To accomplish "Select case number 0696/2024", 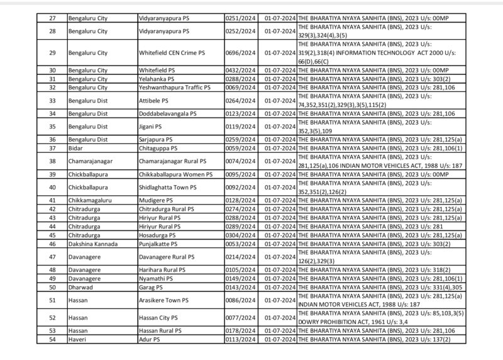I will click(x=240, y=53).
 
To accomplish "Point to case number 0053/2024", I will click(x=240, y=244).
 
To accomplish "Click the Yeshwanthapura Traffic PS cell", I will click(x=174, y=87).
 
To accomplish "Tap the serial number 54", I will click(x=53, y=339).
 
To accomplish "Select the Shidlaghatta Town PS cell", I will click(x=168, y=187).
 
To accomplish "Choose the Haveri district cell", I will click(x=77, y=339).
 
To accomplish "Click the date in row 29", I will click(x=280, y=53).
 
